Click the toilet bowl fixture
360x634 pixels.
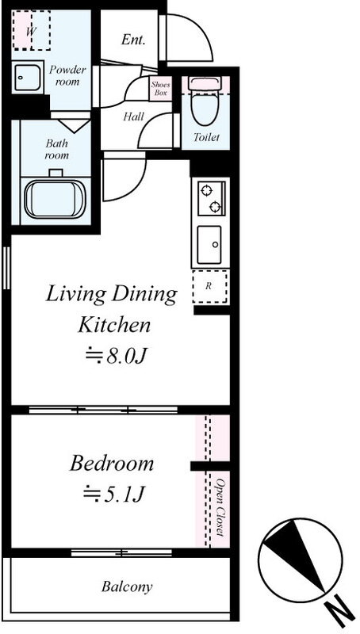(205, 101)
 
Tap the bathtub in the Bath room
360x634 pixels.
(55, 199)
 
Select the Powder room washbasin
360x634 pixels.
(28, 77)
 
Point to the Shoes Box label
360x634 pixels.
(161, 89)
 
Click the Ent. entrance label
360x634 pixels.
(133, 40)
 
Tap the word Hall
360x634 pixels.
(133, 117)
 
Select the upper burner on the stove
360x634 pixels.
(206, 189)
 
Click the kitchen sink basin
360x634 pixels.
(209, 245)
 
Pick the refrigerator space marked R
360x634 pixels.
(210, 286)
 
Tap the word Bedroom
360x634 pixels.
(112, 464)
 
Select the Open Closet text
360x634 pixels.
(220, 507)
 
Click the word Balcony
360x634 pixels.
(127, 586)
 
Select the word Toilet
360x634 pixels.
(206, 137)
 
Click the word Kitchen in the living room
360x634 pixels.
(114, 325)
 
